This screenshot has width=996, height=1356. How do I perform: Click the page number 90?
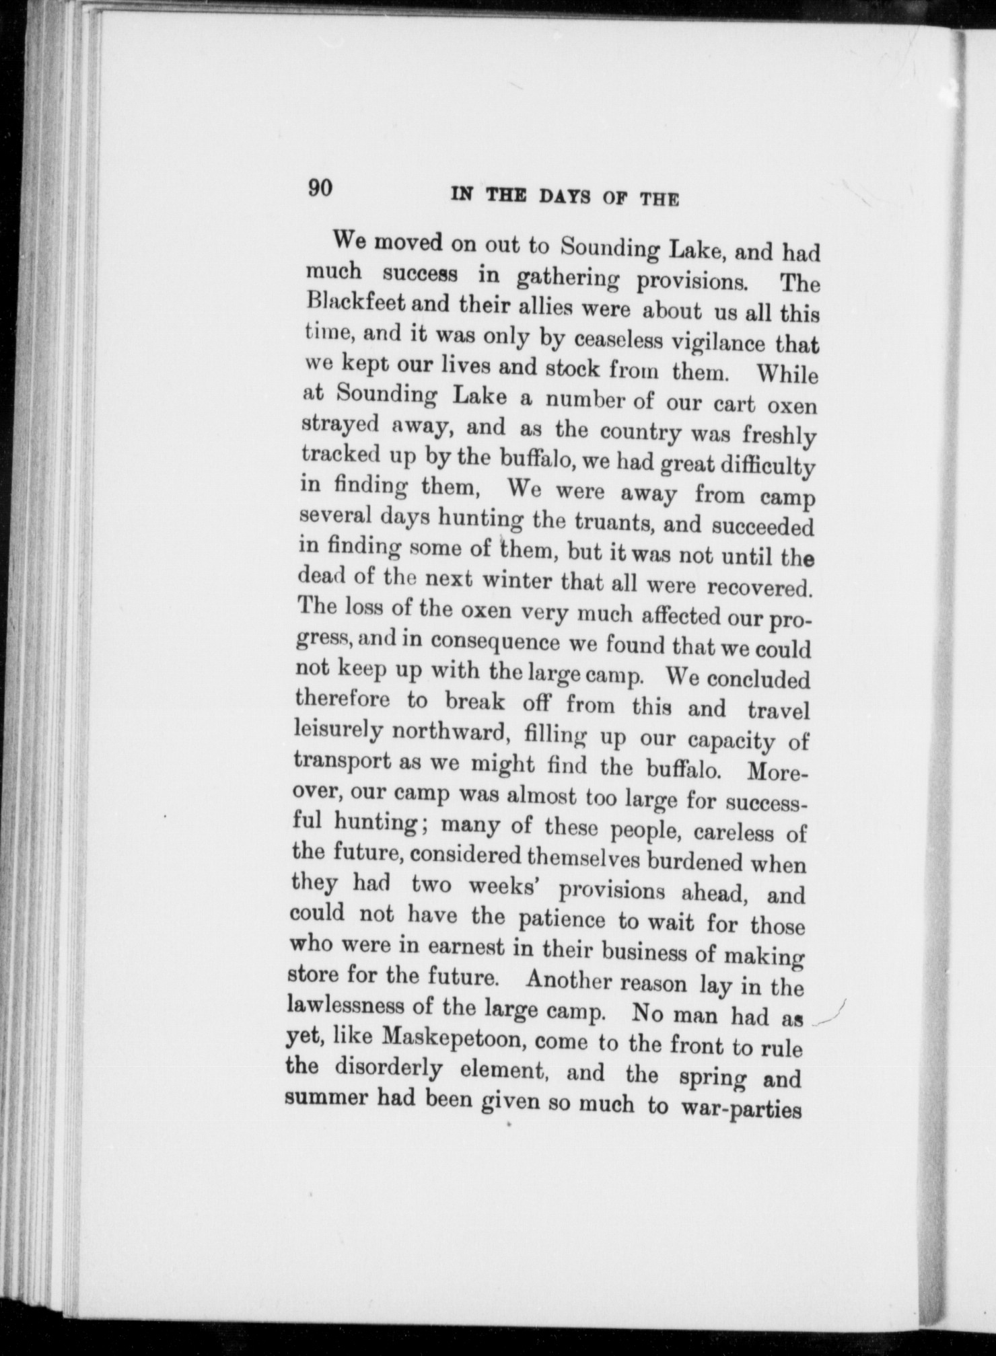coord(321,188)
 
